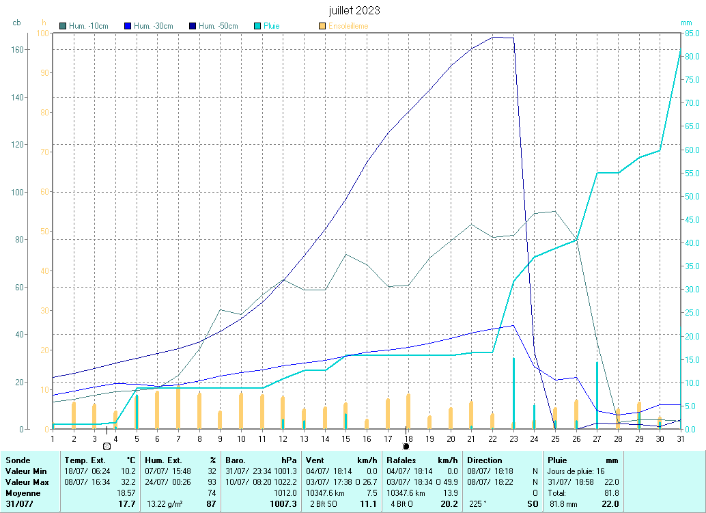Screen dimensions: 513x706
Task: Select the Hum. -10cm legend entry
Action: click(x=88, y=26)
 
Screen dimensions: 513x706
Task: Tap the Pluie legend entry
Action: click(x=271, y=26)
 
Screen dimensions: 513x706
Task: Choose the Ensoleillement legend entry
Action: click(x=348, y=26)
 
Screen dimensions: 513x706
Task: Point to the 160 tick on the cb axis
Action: click(x=36, y=49)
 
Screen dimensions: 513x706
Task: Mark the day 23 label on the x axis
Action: click(x=513, y=439)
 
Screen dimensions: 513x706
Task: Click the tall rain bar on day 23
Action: click(x=513, y=393)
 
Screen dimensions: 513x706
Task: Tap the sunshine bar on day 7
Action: click(x=178, y=407)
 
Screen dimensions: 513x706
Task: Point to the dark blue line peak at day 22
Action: click(x=494, y=37)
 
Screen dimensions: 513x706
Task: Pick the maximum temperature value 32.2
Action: click(x=126, y=482)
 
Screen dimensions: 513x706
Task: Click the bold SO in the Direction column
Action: click(x=533, y=503)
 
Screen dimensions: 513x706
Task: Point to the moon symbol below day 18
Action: click(x=406, y=446)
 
